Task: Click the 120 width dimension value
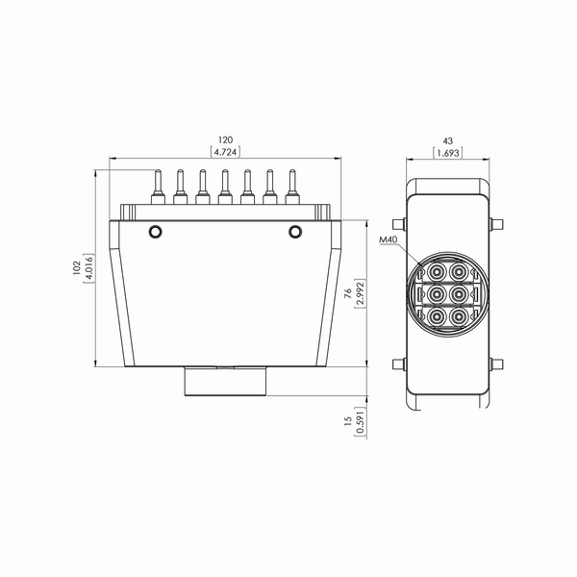pos(225,139)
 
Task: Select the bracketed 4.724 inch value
pos(225,152)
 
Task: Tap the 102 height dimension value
pos(76,268)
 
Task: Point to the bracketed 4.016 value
pos(88,268)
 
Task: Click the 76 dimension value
pos(348,293)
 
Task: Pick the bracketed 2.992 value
pos(360,293)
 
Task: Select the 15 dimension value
pos(348,421)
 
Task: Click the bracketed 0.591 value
pos(361,422)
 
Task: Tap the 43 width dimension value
pos(448,141)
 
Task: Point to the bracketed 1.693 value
pos(448,153)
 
